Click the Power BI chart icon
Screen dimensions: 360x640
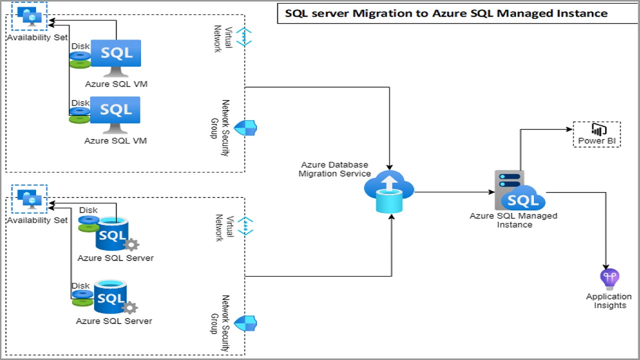[x=597, y=129]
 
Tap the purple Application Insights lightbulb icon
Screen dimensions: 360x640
[x=609, y=279]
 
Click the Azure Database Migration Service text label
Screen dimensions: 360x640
[x=334, y=169]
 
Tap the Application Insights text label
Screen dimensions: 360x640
[x=609, y=300]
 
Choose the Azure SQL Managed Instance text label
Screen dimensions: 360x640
[x=513, y=220]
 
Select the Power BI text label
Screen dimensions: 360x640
[x=597, y=141]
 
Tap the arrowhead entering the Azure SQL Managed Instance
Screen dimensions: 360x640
[x=491, y=192]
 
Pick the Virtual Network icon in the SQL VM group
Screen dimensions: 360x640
[x=244, y=37]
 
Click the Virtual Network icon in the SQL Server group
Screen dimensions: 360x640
[x=245, y=226]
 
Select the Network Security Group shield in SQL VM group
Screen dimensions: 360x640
[x=245, y=128]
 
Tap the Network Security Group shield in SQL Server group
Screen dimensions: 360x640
[x=245, y=323]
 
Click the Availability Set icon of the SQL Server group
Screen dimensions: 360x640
[x=32, y=198]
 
